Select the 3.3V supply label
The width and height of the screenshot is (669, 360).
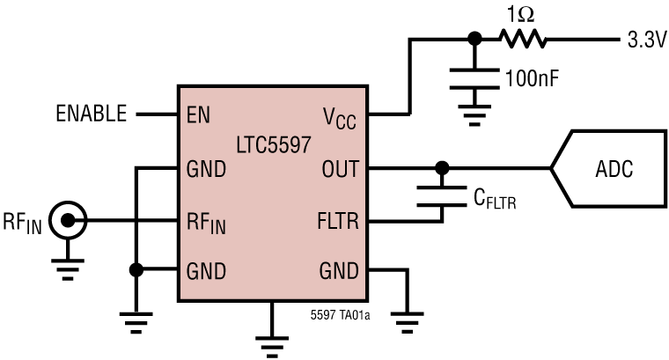click(644, 40)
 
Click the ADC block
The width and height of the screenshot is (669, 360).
click(613, 168)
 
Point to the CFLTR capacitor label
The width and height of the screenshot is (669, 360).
click(493, 202)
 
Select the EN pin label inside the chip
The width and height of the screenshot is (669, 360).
click(197, 114)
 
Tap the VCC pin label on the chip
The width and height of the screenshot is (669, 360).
click(339, 116)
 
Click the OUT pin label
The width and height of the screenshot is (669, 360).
click(339, 168)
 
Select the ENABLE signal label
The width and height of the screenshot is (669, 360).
click(91, 114)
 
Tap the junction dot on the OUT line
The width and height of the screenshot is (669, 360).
click(442, 167)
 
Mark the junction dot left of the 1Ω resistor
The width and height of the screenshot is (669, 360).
click(474, 39)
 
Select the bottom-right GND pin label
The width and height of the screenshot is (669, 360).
click(339, 270)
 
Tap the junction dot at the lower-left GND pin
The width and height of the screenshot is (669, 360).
click(135, 270)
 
